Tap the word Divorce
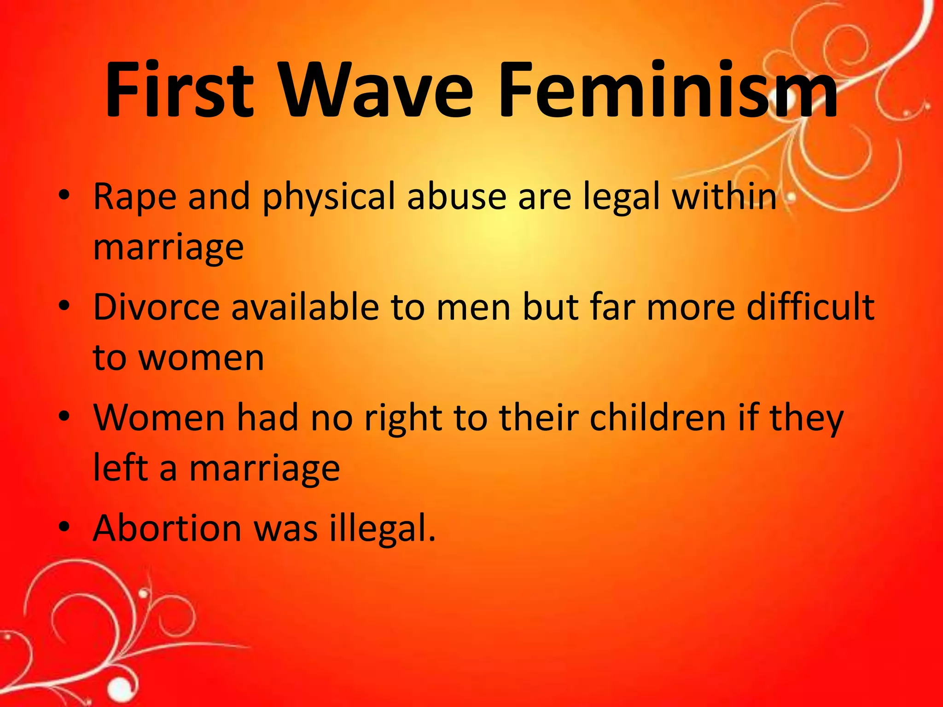tap(157, 307)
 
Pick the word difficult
tap(810, 307)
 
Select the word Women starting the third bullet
tap(159, 418)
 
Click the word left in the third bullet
tap(121, 468)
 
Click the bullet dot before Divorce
tap(64, 305)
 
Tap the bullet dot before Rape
tap(64, 195)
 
